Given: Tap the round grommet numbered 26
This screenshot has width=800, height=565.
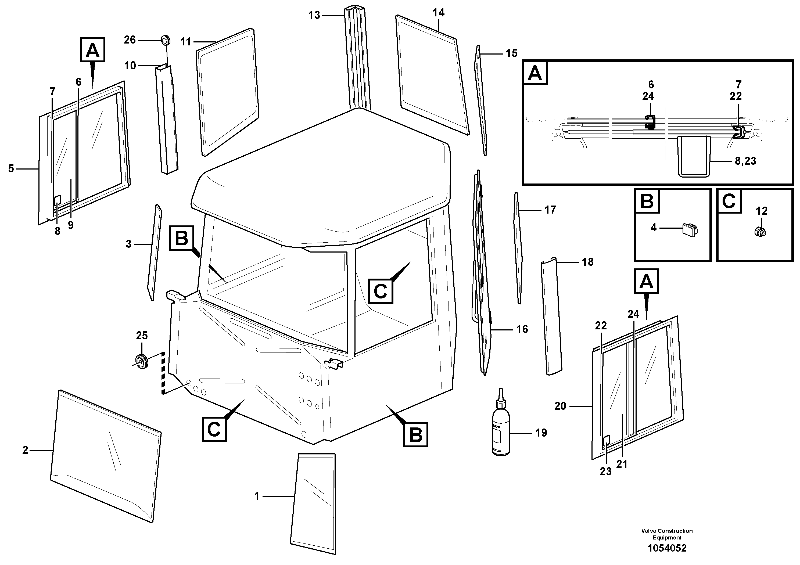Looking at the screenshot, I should (166, 40).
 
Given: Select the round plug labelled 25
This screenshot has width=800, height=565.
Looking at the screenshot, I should (142, 361).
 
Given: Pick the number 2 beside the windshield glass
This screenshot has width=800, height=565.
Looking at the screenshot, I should (25, 450).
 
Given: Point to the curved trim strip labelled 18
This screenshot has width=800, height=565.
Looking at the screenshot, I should (551, 317).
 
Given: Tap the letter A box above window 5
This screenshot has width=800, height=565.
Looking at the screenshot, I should (93, 50).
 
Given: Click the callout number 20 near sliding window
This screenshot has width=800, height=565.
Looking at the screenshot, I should (560, 406).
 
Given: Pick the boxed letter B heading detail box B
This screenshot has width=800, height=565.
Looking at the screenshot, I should (647, 201).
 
